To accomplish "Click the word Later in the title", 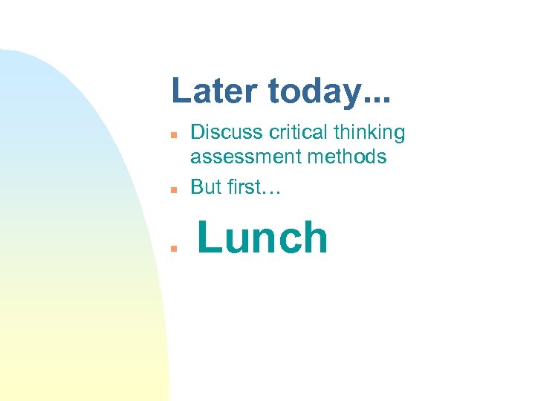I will tap(215, 91).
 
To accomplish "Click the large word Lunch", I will tap(262, 238).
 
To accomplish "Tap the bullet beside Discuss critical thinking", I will tap(171, 136).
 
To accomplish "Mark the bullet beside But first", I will tap(171, 190).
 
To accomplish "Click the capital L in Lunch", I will tap(208, 238).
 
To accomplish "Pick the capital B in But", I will tap(197, 187).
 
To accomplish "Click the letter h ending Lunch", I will tap(315, 238).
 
